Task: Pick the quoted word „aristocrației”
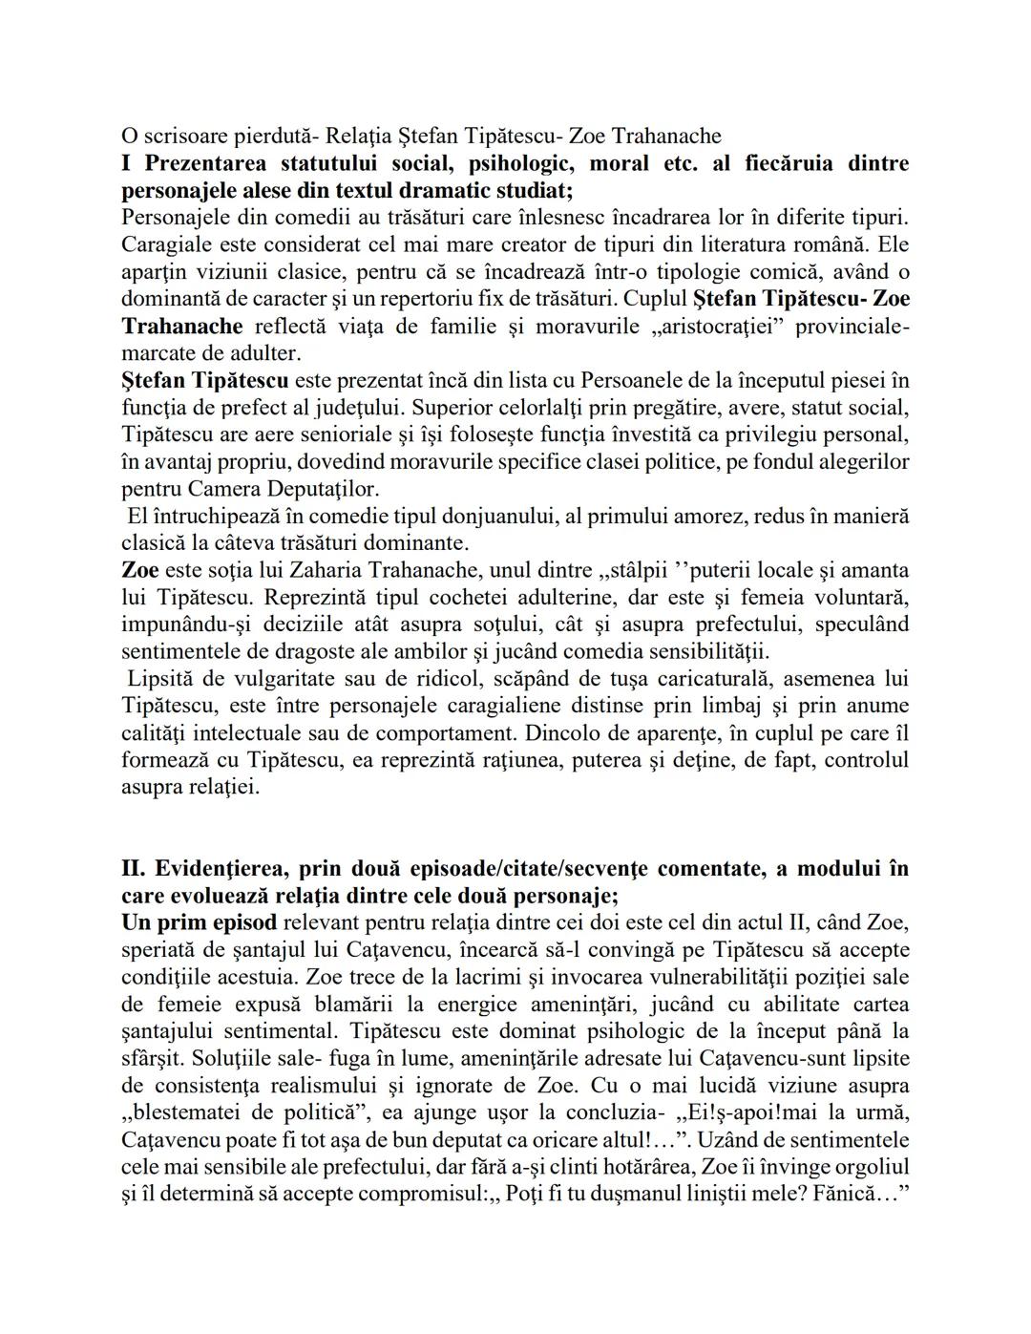coord(713,327)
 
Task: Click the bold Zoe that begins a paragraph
coord(140,571)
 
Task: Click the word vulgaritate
coord(270,679)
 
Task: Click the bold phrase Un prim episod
coord(200,923)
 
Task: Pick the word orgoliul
coord(867,1167)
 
